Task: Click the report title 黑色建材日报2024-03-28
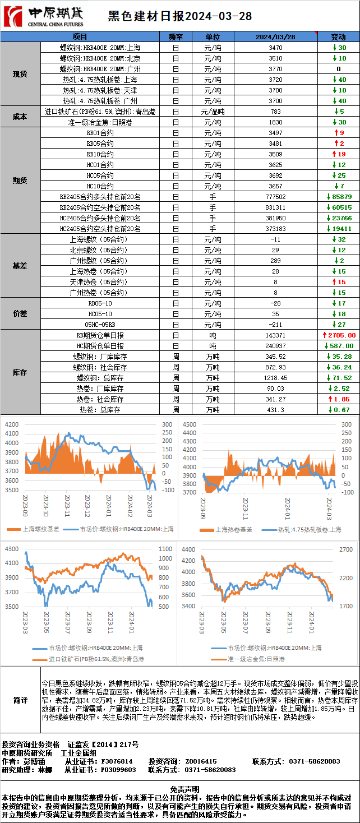pyautogui.click(x=179, y=16)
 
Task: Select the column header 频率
pyautogui.click(x=176, y=36)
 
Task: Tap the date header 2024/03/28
pyautogui.click(x=275, y=36)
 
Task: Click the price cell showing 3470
pyautogui.click(x=275, y=48)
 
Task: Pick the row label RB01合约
pyautogui.click(x=100, y=133)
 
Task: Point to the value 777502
pyautogui.click(x=275, y=197)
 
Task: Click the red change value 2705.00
pyautogui.click(x=339, y=335)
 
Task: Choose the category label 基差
pyautogui.click(x=20, y=266)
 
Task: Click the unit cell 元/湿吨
pyautogui.click(x=213, y=112)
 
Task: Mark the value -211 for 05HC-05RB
pyautogui.click(x=275, y=325)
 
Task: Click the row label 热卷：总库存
pyautogui.click(x=100, y=410)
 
